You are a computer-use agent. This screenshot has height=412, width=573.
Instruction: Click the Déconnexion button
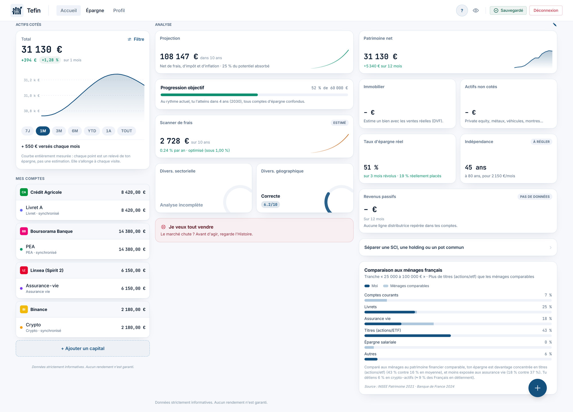pos(545,11)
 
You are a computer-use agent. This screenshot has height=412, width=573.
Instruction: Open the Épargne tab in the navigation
pos(95,11)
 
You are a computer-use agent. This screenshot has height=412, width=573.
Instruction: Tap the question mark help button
pos(462,11)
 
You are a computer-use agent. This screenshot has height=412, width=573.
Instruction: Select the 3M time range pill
pos(59,131)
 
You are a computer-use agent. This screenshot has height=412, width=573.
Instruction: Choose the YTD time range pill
pos(92,131)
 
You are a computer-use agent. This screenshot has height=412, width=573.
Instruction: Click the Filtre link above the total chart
pos(136,39)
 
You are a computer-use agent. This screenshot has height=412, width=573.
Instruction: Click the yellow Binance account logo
pos(24,309)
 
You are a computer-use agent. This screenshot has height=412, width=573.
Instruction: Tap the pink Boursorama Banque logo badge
pos(24,231)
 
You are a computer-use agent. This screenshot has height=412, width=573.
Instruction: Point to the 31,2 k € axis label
pos(32,80)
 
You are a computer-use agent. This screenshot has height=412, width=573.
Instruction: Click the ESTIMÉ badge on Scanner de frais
pos(340,123)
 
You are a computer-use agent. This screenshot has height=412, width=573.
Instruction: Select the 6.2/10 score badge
pos(270,205)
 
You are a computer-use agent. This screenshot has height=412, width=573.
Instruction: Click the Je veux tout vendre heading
pos(191,227)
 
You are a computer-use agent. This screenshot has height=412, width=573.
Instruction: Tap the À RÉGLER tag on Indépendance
pos(541,142)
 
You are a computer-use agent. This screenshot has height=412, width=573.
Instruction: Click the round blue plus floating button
pos(537,388)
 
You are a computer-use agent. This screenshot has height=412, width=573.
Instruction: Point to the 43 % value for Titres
pos(547,330)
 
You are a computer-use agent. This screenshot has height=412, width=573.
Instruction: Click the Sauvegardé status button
pos(508,11)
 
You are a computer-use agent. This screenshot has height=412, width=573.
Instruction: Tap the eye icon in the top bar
pos(476,11)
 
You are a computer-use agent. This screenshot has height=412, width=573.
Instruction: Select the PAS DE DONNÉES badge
pos(535,197)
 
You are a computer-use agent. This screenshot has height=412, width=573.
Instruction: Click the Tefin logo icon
pos(17,11)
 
